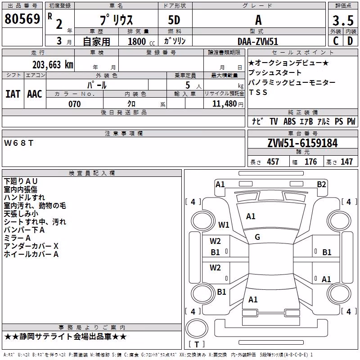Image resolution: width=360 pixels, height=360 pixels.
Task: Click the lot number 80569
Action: point(22,18)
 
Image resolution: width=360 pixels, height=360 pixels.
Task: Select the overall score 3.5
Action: point(343,20)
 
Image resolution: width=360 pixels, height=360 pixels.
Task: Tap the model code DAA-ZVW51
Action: point(258,41)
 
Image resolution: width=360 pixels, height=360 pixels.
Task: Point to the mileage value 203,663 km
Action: point(53,65)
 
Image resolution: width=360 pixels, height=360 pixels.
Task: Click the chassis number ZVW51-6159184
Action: point(302,143)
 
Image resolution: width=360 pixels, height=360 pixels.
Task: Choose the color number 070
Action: point(75,104)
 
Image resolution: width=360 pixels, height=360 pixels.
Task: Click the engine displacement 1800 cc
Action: point(141,41)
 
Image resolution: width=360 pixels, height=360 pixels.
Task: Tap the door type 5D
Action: point(174,20)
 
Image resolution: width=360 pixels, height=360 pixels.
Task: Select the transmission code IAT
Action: point(13,94)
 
